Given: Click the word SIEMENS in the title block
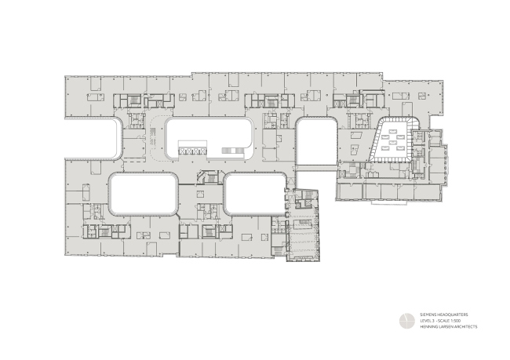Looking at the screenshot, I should [x=427, y=315].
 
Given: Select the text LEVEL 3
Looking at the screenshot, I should [x=425, y=321].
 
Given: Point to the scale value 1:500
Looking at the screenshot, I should [x=454, y=321].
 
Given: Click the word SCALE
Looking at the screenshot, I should [x=443, y=321].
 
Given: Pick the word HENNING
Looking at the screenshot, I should [x=428, y=326].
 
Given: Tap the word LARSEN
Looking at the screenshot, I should [x=444, y=326].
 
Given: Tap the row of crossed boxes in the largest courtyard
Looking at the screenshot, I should [x=191, y=151].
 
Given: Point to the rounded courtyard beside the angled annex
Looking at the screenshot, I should [x=255, y=194].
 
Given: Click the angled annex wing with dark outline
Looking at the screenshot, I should [x=302, y=227].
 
